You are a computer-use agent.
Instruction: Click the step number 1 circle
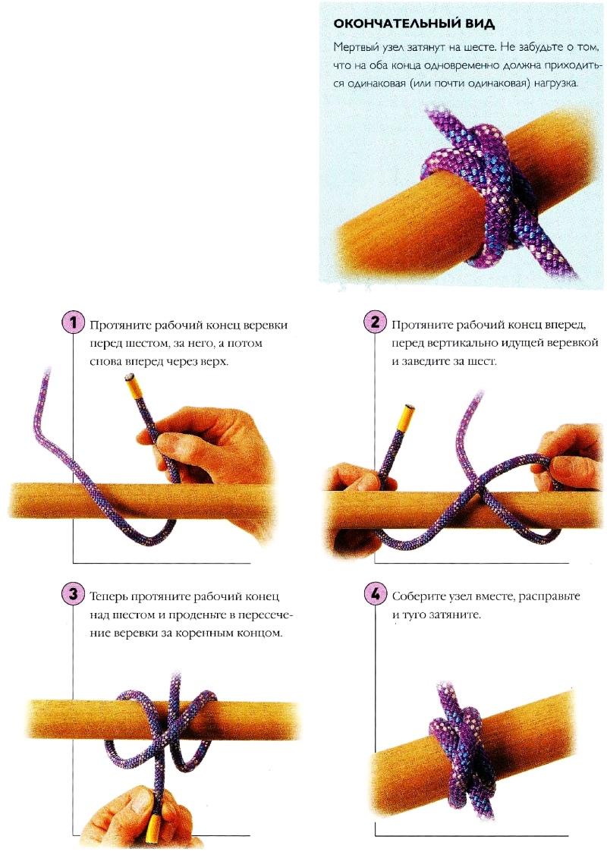coord(73,322)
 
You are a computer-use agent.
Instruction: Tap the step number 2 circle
coord(375,322)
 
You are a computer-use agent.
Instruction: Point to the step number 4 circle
coord(375,594)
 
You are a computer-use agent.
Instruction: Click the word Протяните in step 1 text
coord(120,325)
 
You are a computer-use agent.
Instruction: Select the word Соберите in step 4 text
coord(418,596)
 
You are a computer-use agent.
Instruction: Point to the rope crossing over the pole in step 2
coord(480,491)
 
